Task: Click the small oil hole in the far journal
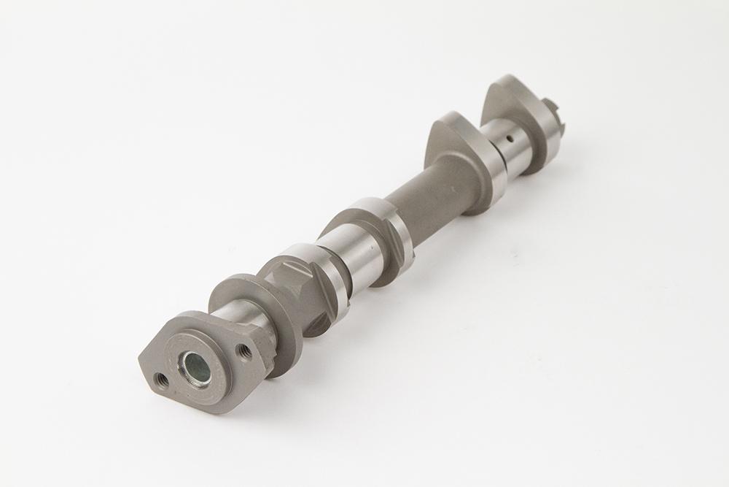[x=510, y=136]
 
